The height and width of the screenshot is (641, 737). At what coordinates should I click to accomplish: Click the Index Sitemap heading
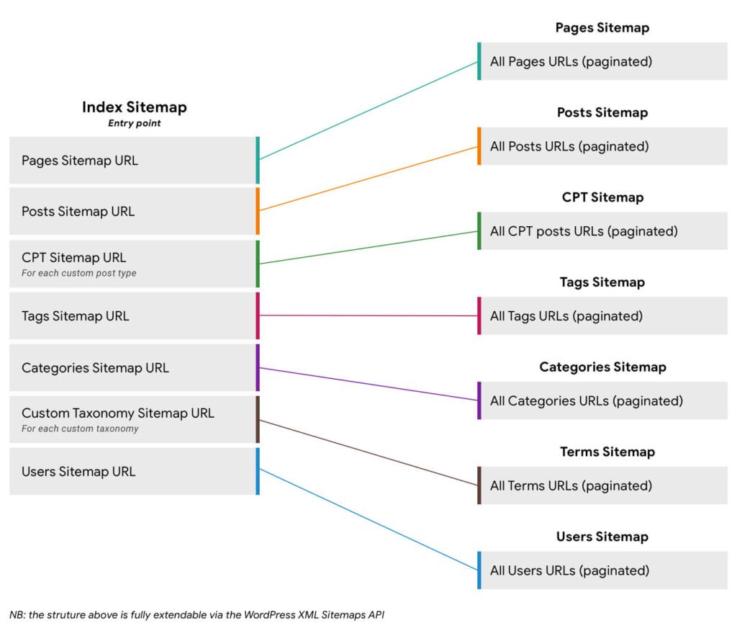tap(134, 107)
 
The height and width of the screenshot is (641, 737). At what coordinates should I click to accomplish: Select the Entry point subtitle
tap(134, 123)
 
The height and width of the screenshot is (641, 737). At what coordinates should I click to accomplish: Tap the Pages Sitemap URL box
tap(133, 160)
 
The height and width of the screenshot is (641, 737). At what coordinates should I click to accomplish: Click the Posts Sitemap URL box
tap(133, 212)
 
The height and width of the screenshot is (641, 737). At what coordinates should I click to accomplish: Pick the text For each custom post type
tap(78, 274)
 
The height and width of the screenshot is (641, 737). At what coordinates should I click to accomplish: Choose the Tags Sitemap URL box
tap(133, 315)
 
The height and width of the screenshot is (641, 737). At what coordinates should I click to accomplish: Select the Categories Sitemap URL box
tap(133, 367)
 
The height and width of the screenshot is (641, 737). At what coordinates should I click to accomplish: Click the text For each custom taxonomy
tap(80, 429)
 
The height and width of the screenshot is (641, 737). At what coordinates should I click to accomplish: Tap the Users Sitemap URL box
tap(133, 472)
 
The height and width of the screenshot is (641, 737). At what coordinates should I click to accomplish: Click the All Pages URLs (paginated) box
tap(603, 61)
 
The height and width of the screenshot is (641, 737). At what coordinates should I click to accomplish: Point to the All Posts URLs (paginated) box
tap(603, 146)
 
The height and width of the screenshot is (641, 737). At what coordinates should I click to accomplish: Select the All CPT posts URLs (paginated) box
tap(603, 231)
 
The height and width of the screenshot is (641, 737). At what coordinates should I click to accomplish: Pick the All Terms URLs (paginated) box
tap(603, 485)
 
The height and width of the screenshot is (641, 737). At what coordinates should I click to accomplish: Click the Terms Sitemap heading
tap(607, 452)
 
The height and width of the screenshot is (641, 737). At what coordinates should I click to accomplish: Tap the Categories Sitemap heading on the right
tap(602, 367)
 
